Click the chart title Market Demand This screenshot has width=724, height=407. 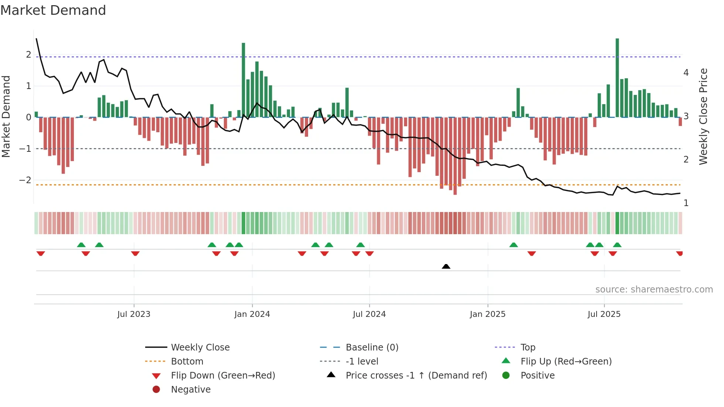[x=53, y=10]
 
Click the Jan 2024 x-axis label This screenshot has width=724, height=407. [x=252, y=314]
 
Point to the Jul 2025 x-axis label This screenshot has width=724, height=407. [x=604, y=314]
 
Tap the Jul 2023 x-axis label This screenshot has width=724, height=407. [x=134, y=314]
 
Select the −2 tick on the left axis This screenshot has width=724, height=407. [x=25, y=180]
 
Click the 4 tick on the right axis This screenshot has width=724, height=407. [x=686, y=73]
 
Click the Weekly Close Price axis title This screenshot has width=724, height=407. [x=703, y=116]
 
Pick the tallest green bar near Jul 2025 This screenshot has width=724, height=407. [x=617, y=78]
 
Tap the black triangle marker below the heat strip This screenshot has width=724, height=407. [x=446, y=266]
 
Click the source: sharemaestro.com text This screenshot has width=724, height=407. [x=654, y=290]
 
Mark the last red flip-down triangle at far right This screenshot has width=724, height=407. [x=679, y=253]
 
